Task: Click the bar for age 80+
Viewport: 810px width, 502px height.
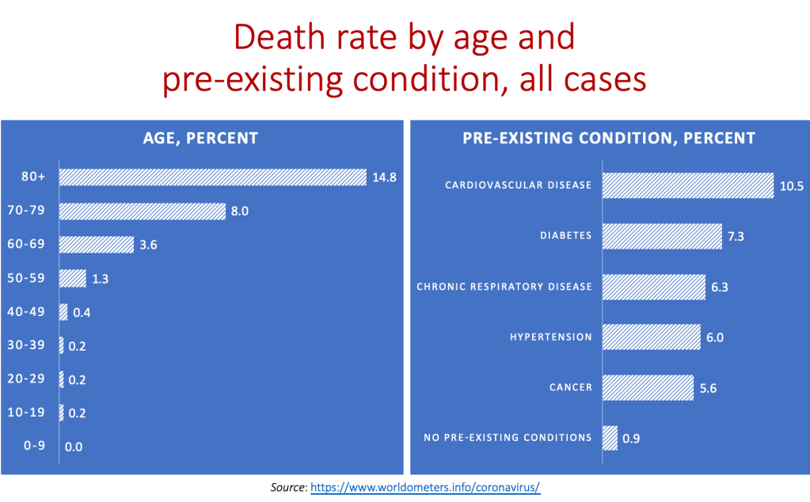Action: pos(212,177)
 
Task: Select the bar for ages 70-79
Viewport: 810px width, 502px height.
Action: pos(143,211)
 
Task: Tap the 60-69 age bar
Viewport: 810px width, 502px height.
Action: pos(97,245)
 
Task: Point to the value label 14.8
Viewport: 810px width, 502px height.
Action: pos(384,177)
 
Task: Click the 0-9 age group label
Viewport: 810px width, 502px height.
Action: pos(34,446)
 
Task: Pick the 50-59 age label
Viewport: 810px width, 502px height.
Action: pos(34,278)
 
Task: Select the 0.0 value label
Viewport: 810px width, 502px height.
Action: pos(74,447)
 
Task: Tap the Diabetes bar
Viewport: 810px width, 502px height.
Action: pos(663,236)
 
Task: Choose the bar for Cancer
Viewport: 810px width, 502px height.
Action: pos(648,387)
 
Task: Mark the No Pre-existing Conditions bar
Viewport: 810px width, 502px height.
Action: pos(610,437)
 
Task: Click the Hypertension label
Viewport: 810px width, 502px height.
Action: pos(550,337)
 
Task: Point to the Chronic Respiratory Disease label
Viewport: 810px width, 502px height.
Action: pos(504,287)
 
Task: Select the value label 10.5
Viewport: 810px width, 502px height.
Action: pos(791,186)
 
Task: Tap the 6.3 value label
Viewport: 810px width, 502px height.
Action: pos(719,287)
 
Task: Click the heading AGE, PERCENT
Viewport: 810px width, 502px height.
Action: pos(200,139)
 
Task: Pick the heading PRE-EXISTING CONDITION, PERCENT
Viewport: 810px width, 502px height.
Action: pos(608,139)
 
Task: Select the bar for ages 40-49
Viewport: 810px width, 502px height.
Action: pos(63,312)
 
